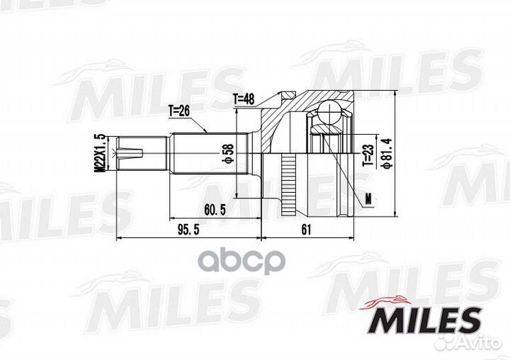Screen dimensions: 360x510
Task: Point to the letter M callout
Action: [x=368, y=199]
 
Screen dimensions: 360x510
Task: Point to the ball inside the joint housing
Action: [x=327, y=111]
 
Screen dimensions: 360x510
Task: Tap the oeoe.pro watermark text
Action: [x=240, y=261]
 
